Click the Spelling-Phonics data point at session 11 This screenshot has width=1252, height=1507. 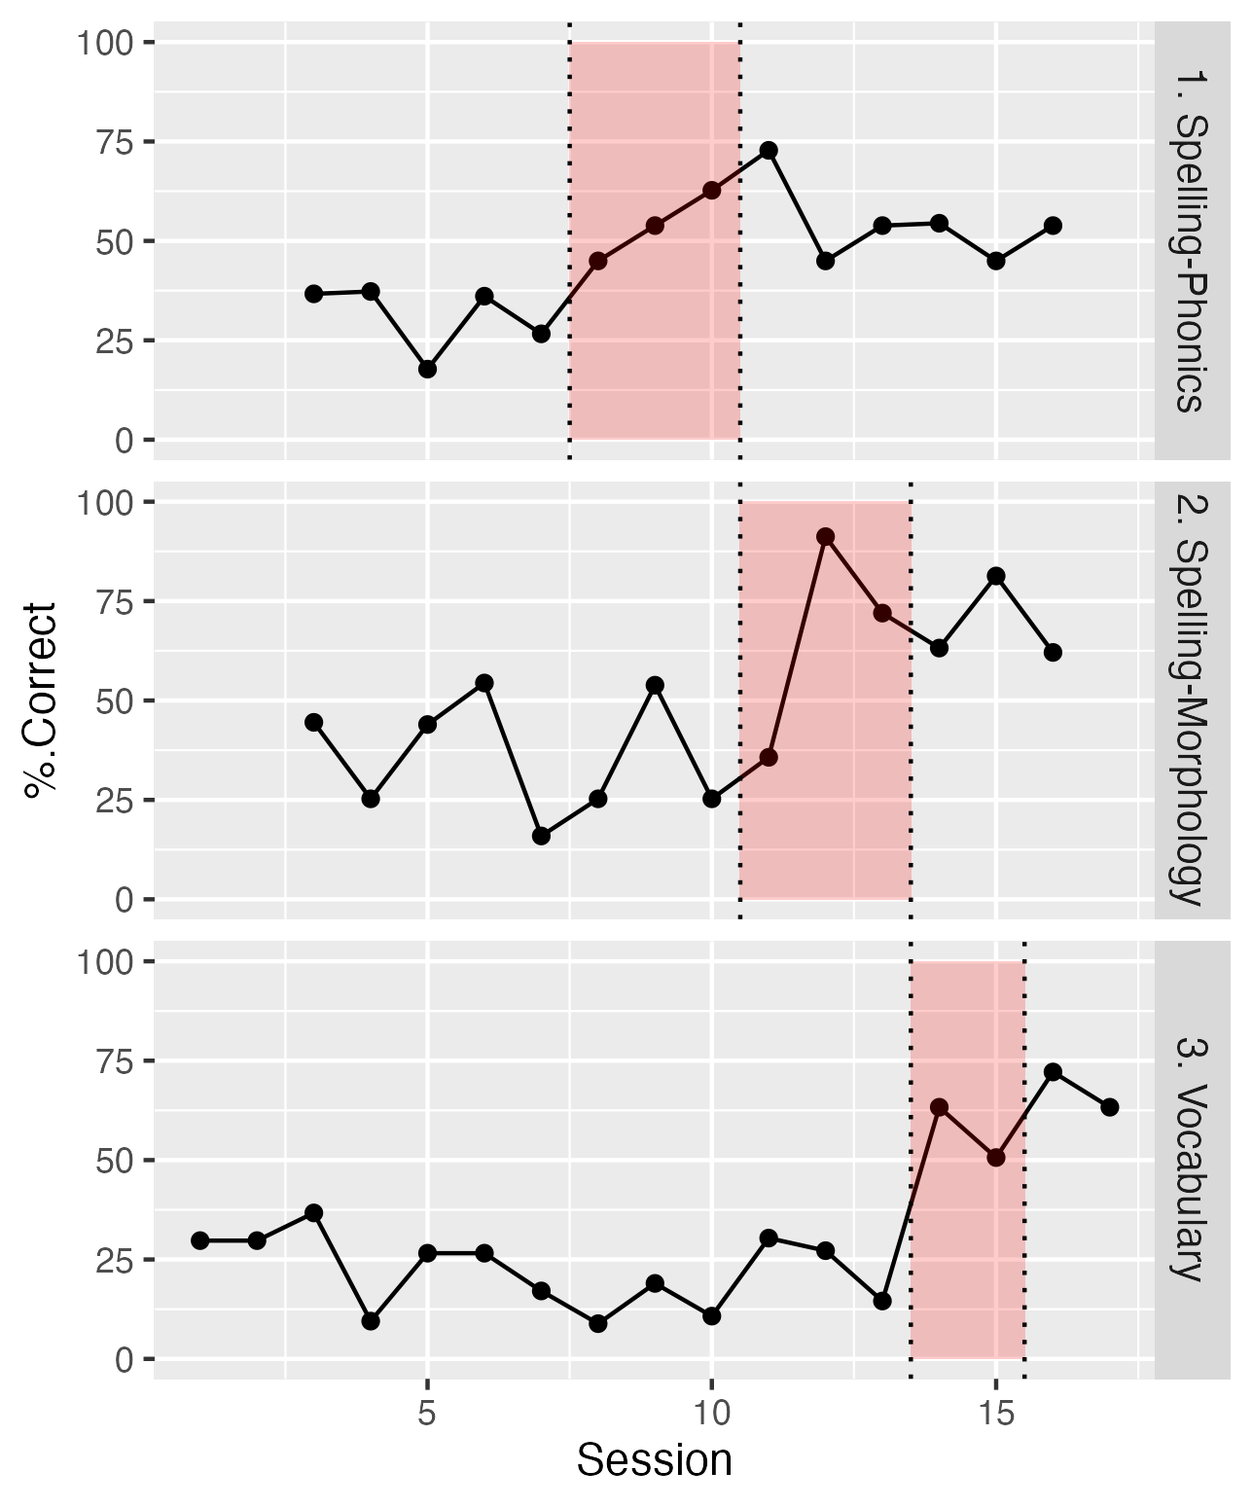pyautogui.click(x=769, y=150)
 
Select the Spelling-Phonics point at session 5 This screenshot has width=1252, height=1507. pyautogui.click(x=427, y=369)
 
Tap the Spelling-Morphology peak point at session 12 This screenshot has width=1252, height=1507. pyautogui.click(x=826, y=537)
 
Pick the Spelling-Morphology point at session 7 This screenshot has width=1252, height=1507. pyautogui.click(x=541, y=836)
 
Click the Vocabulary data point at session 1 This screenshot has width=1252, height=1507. pyautogui.click(x=200, y=1240)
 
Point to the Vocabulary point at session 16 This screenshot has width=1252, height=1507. pyautogui.click(x=1053, y=1072)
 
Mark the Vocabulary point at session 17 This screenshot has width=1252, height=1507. pyautogui.click(x=1110, y=1107)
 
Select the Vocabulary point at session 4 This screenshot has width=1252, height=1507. pyautogui.click(x=371, y=1321)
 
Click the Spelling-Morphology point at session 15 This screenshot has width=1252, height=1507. pyautogui.click(x=996, y=576)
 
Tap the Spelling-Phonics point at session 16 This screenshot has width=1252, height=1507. pyautogui.click(x=1053, y=226)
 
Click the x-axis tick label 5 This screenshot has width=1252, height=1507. pyautogui.click(x=427, y=1414)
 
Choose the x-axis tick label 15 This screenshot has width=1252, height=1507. pyautogui.click(x=996, y=1414)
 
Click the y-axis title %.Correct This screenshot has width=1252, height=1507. pyautogui.click(x=41, y=700)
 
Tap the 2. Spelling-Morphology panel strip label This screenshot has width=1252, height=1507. pyautogui.click(x=1189, y=700)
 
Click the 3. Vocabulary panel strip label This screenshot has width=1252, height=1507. pyautogui.click(x=1189, y=1160)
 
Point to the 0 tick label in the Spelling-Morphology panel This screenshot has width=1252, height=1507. pyautogui.click(x=125, y=900)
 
